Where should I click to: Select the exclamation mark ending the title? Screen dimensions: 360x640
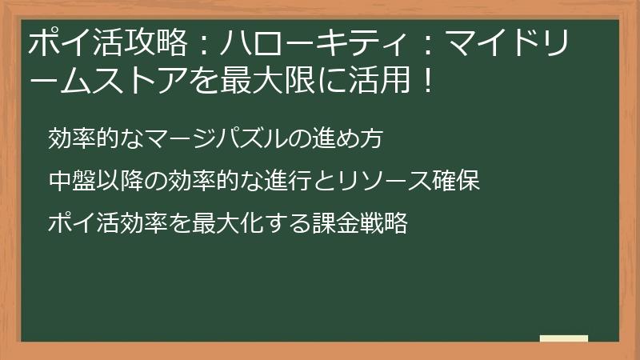[426, 82]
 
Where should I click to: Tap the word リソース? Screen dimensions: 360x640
[375, 181]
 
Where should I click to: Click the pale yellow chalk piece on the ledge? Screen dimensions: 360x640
[563, 339]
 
